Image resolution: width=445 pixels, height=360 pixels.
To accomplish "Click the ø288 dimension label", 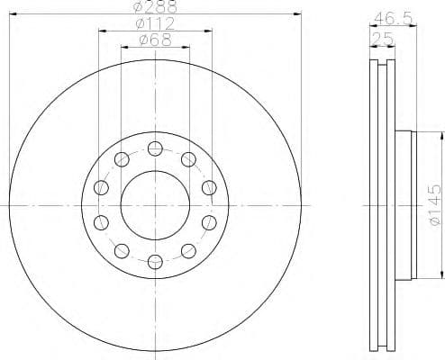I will pos(154,7).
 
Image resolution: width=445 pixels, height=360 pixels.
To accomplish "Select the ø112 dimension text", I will pos(155,23).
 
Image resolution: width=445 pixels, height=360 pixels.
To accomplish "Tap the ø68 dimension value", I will pos(155,39).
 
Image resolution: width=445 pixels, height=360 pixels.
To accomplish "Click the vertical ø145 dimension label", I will pos(434,204).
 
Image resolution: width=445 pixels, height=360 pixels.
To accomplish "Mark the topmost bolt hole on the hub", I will pos(155,149).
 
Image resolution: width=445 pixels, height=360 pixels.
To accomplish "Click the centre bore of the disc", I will pos(155,205).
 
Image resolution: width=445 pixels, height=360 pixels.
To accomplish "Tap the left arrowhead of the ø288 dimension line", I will pos(12,14).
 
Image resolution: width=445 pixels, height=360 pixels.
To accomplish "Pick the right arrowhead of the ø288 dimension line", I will pos(296,14).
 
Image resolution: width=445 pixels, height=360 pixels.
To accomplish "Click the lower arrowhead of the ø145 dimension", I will pos(442,274).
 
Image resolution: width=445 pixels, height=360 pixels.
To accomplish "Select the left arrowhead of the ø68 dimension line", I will pos(123,47).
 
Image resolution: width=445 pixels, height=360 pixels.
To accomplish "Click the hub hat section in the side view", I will pos(403,205).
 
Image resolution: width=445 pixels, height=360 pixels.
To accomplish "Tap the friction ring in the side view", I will pos(383,205).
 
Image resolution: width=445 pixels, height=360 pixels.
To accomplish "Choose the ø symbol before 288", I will pos(137,7).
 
